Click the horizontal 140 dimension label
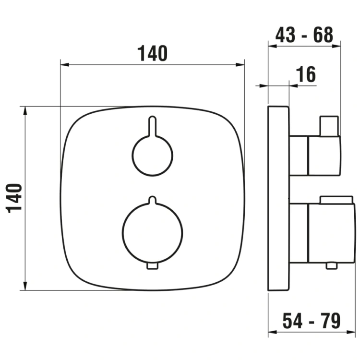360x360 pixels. [x=153, y=53]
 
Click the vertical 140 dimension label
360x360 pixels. [x=15, y=197]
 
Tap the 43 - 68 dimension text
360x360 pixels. [x=304, y=35]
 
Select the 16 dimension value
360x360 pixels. [x=306, y=75]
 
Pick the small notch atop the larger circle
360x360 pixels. [x=153, y=199]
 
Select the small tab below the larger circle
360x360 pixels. [x=153, y=266]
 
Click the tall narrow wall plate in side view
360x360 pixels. [x=278, y=197]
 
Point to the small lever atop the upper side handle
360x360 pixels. [x=329, y=126]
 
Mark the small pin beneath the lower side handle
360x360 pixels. [x=331, y=265]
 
